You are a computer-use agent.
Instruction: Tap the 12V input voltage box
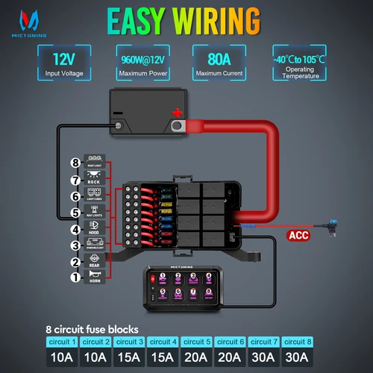click(63, 63)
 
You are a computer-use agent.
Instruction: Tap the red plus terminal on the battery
click(178, 113)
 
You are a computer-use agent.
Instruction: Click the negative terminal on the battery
click(118, 113)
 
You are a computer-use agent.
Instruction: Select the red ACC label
click(298, 237)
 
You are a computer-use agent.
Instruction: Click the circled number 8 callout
click(75, 162)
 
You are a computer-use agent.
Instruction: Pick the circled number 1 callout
click(75, 278)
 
